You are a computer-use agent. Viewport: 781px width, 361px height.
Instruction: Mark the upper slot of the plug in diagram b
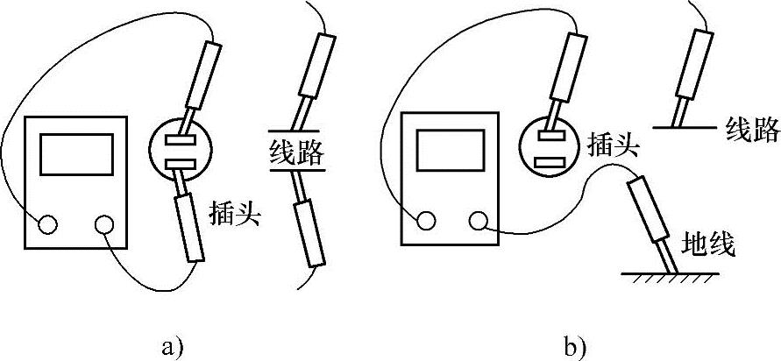(x=550, y=135)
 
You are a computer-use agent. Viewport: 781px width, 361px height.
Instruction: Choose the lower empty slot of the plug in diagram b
(x=550, y=162)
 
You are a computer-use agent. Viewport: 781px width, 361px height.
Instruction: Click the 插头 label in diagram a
(x=234, y=213)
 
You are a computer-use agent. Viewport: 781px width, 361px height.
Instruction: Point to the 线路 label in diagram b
(x=752, y=132)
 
